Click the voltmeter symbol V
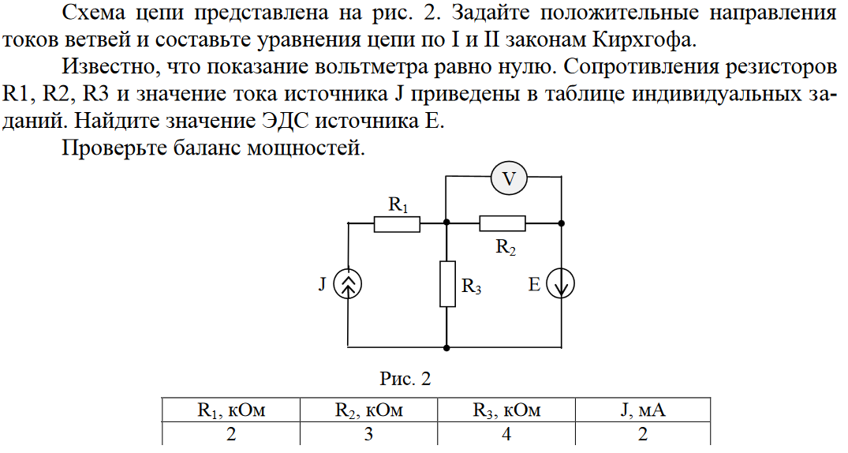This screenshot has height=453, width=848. click(x=509, y=179)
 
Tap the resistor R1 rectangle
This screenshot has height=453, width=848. click(x=397, y=223)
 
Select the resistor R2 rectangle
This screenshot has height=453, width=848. click(x=502, y=223)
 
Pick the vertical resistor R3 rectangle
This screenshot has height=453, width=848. click(x=447, y=284)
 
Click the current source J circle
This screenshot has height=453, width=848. click(x=348, y=285)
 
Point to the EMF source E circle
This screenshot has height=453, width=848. click(x=561, y=285)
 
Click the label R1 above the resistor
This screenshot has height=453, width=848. click(x=398, y=205)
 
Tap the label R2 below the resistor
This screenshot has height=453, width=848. click(x=506, y=246)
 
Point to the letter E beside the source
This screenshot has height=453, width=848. click(x=534, y=285)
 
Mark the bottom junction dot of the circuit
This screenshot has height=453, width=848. click(x=447, y=346)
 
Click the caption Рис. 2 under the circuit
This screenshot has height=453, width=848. click(x=405, y=380)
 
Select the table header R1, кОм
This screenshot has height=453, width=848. click(x=230, y=410)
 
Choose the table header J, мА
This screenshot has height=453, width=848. click(x=643, y=410)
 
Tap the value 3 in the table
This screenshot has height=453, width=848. click(x=368, y=434)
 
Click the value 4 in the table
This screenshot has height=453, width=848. click(x=506, y=434)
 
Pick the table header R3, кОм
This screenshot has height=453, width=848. click(x=506, y=410)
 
